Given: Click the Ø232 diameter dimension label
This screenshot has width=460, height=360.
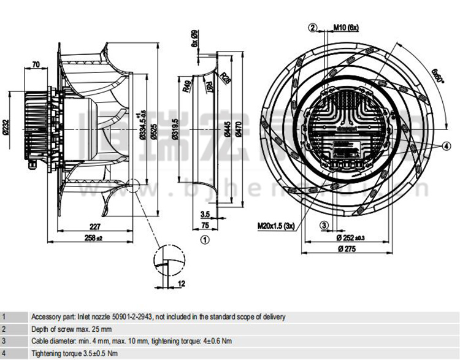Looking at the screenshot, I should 7,126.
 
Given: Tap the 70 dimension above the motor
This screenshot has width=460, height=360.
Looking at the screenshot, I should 36,64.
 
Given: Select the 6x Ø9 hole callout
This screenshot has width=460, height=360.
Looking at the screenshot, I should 194,39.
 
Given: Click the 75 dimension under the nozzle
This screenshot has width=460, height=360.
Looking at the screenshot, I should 205,226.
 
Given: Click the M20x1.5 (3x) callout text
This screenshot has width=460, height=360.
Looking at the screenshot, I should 277,225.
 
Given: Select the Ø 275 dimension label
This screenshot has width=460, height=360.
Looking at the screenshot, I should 347,248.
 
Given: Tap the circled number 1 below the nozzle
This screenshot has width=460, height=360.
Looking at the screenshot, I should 205,240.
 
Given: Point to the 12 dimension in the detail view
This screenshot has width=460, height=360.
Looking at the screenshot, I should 182,283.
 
